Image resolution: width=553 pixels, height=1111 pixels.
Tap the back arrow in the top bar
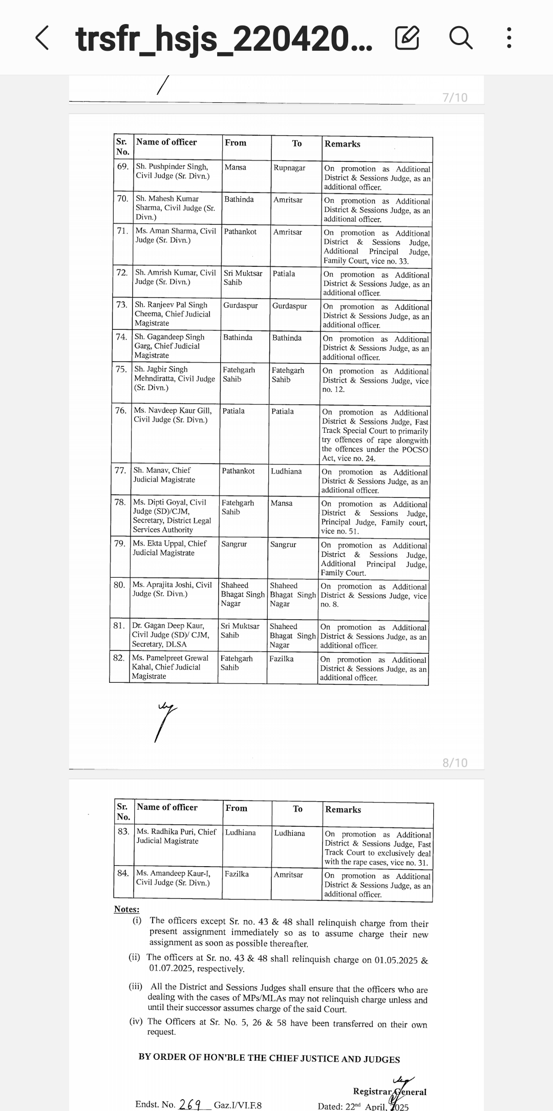[x=42, y=38]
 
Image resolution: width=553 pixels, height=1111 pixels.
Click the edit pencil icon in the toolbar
[x=407, y=38]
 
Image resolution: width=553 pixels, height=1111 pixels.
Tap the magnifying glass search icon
[x=460, y=38]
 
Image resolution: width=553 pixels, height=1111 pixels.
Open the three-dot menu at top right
[x=508, y=38]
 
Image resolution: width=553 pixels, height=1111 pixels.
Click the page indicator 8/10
[x=455, y=763]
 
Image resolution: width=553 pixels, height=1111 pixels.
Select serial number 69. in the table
[x=123, y=166]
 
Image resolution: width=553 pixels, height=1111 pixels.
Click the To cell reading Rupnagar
[x=289, y=168]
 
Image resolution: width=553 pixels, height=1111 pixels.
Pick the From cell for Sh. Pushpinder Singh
[x=235, y=167]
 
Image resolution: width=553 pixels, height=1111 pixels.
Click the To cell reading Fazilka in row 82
[x=282, y=659]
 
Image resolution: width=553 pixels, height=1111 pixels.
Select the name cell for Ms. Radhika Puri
[x=176, y=836]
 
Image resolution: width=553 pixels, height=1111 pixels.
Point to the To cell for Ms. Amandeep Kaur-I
[x=288, y=875]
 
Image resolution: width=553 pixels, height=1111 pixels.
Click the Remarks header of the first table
[x=342, y=144]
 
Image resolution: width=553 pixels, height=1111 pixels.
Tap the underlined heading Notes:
[x=126, y=909]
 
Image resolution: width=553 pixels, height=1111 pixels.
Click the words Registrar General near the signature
[x=389, y=1092]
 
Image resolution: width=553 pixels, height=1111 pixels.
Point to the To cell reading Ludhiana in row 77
[x=286, y=471]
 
